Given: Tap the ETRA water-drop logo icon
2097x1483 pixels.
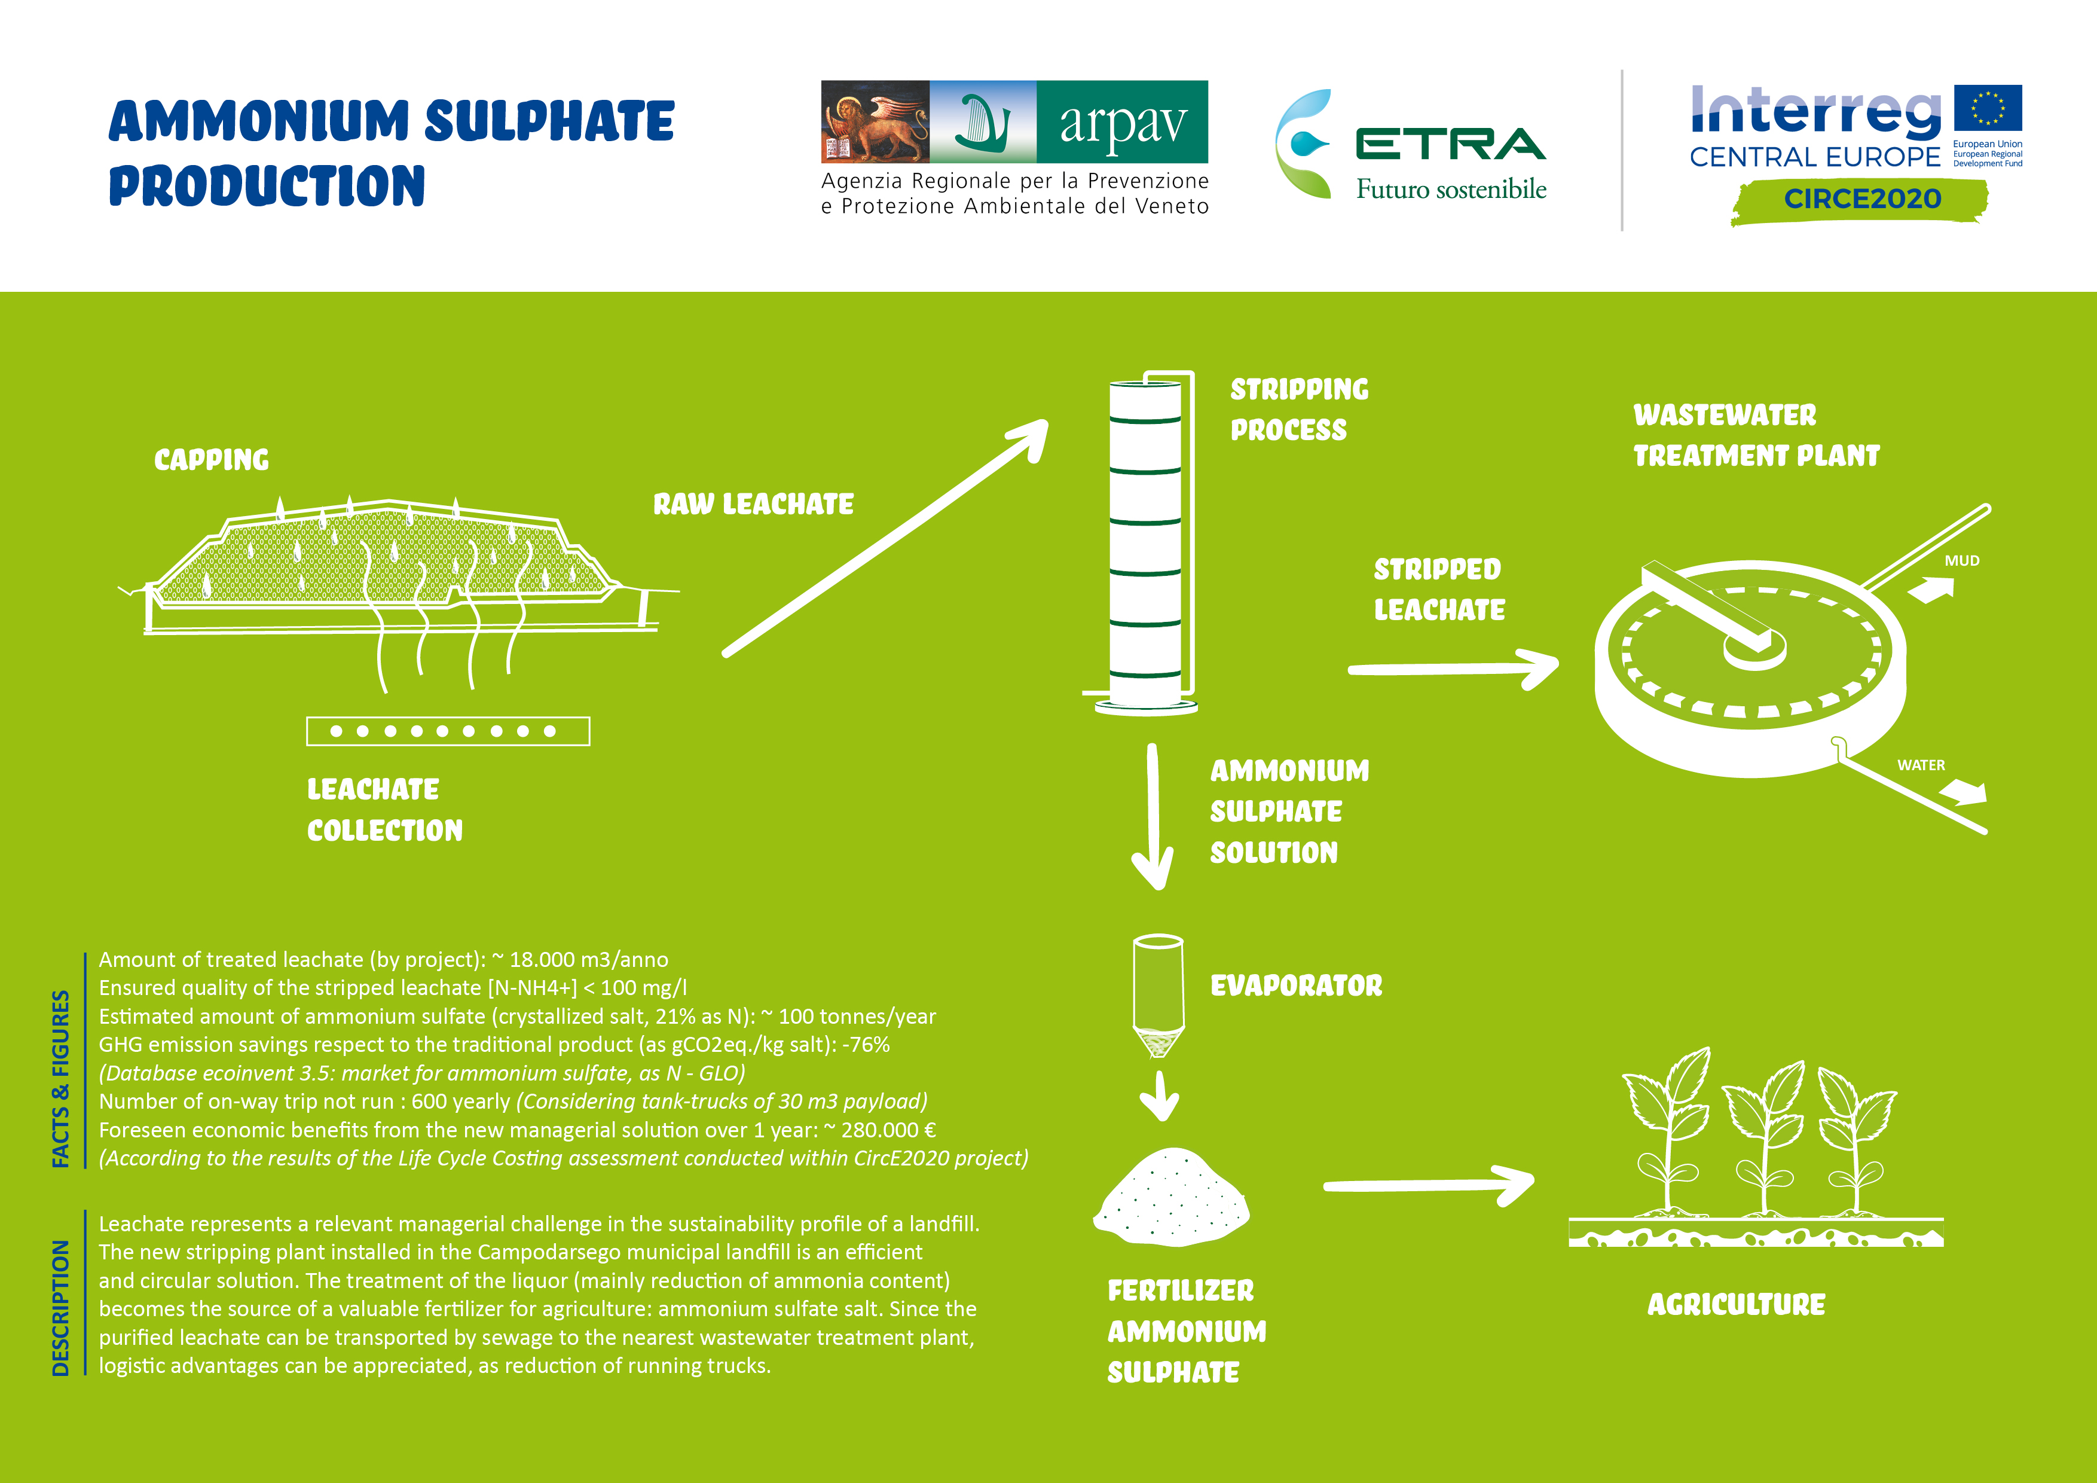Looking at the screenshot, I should point(1305,144).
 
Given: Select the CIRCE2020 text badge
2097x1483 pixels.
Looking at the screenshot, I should point(1861,199).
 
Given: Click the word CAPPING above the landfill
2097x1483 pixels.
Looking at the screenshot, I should point(211,460).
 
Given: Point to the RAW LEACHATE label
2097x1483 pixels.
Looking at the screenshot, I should point(753,504).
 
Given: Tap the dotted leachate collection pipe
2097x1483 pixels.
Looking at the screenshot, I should point(448,731).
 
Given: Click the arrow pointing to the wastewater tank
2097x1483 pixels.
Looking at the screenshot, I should point(1452,669).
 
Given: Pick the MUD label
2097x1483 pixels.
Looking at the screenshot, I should point(1961,561).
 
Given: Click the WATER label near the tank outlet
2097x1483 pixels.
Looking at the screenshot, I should point(1921,765).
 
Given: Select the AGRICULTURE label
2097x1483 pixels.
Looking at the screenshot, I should point(1735,1305).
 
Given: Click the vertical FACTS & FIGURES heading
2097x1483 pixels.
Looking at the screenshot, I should point(61,1078).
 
